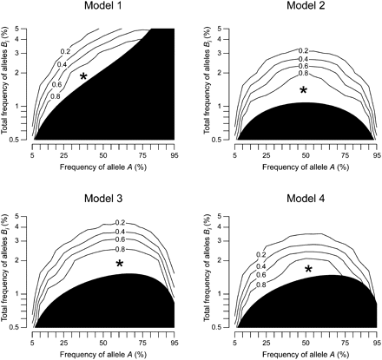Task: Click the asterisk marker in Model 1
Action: [83, 76]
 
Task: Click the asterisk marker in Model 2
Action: [303, 90]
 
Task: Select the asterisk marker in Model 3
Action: [120, 263]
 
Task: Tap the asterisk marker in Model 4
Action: [308, 269]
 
